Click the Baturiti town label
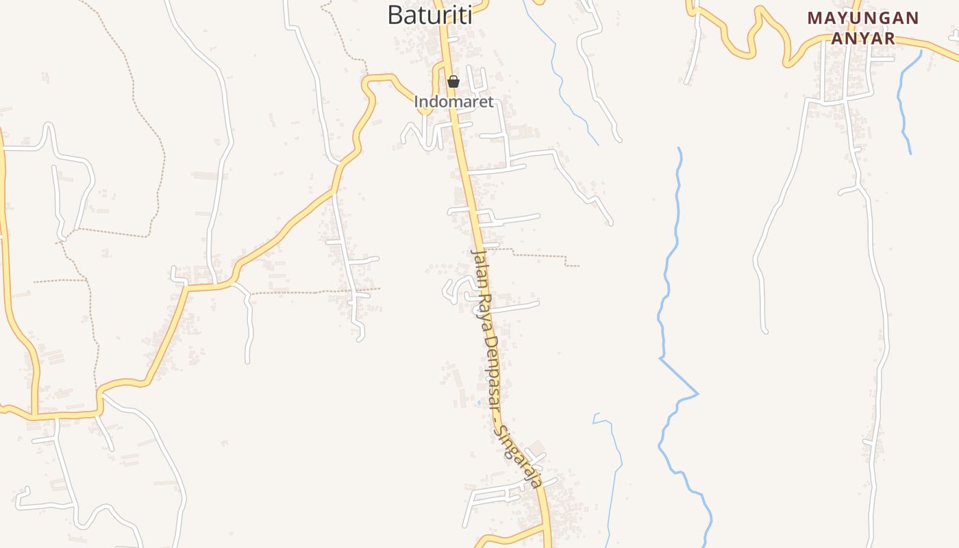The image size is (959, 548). (429, 14)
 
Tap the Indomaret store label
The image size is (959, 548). (453, 102)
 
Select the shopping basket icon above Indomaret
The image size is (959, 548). (453, 82)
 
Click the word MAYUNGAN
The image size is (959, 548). (863, 18)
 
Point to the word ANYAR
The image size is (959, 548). (863, 38)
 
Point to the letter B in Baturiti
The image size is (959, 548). (395, 15)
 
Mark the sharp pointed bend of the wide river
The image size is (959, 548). (697, 394)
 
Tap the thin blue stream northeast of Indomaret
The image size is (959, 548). (562, 82)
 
